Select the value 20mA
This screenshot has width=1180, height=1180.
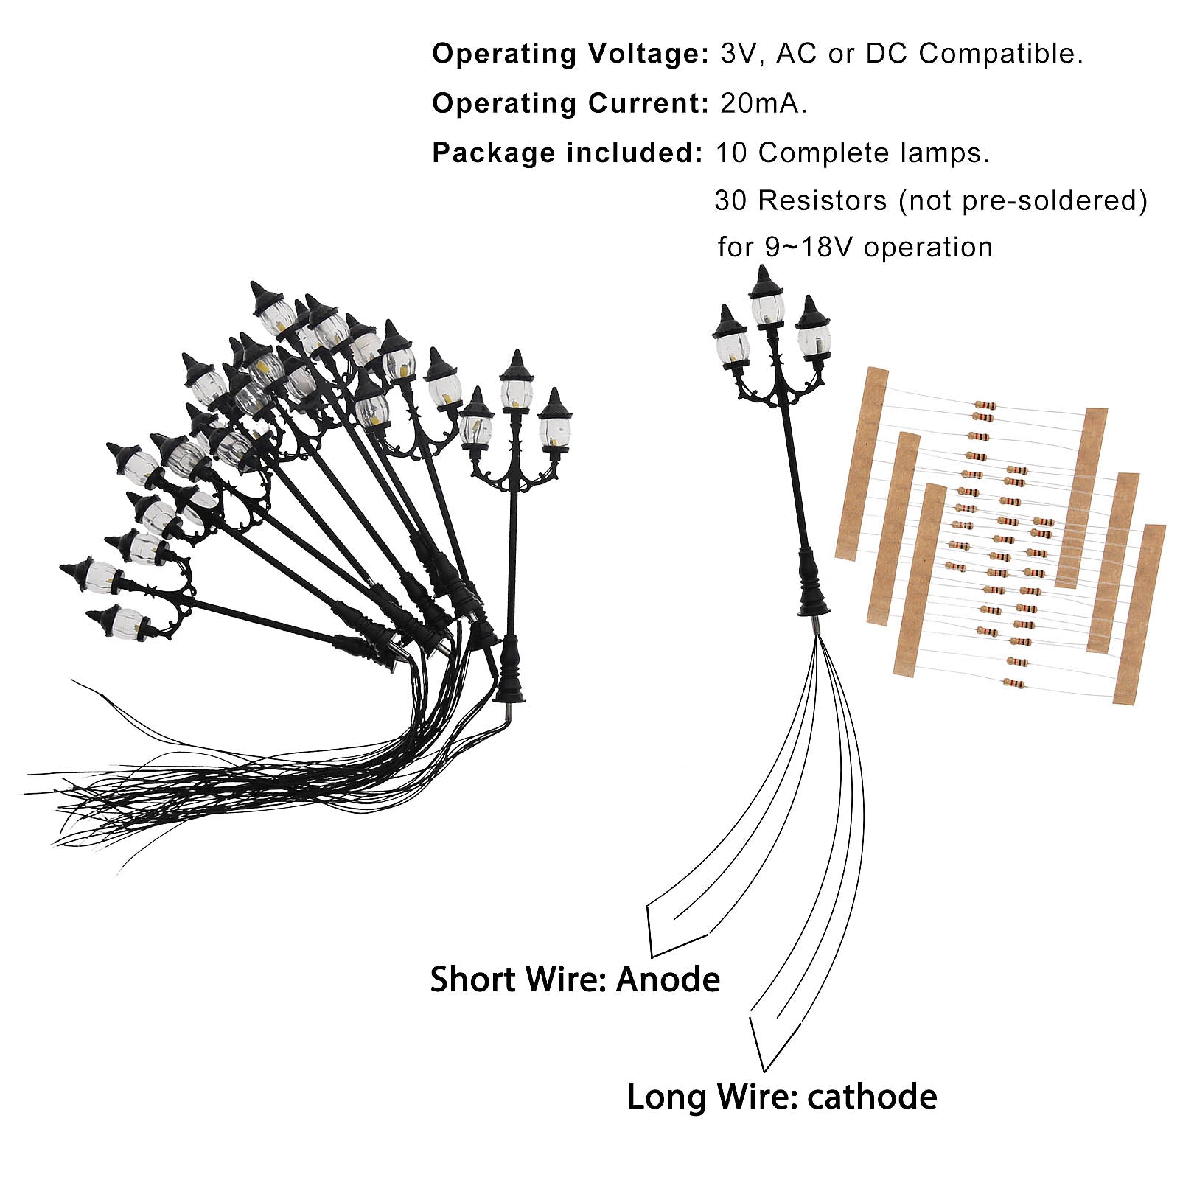(763, 103)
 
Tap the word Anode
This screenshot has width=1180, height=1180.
(668, 980)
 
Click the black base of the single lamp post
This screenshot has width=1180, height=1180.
(813, 590)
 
